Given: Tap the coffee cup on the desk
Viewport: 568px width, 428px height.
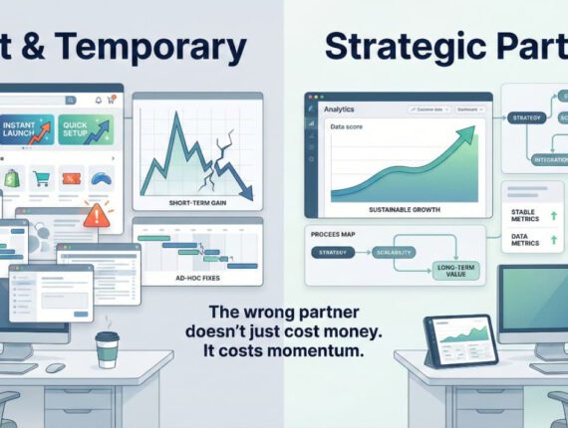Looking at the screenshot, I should coord(108,349).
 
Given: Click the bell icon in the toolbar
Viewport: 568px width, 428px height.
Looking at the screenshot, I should coord(98,101).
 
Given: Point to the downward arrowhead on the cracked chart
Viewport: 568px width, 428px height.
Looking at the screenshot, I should coord(244,193).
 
